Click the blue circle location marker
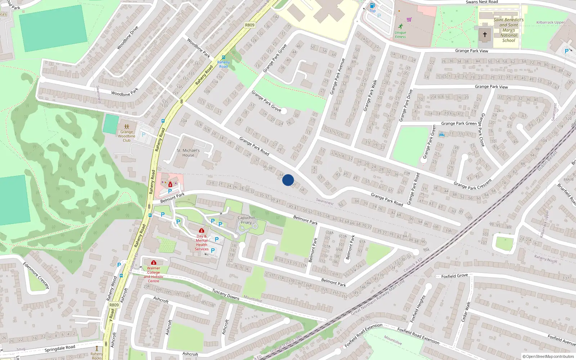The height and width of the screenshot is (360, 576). pyautogui.click(x=288, y=180)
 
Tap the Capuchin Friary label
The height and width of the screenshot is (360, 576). pyautogui.click(x=247, y=220)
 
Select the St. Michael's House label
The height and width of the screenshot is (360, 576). pyautogui.click(x=188, y=153)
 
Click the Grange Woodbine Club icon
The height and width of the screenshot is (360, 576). pyautogui.click(x=127, y=127)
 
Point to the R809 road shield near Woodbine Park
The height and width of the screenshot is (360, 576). pyautogui.click(x=249, y=25)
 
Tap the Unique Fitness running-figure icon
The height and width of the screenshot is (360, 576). pyautogui.click(x=401, y=26)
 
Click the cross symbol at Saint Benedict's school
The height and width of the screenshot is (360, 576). pyautogui.click(x=485, y=35)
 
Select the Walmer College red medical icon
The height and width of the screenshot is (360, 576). pyautogui.click(x=154, y=262)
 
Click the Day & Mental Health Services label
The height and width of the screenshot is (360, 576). pyautogui.click(x=202, y=243)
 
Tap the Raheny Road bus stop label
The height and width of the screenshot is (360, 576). pyautogui.click(x=223, y=64)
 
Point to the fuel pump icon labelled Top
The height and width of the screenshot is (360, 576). pyautogui.click(x=373, y=5)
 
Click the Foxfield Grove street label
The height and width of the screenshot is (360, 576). pyautogui.click(x=454, y=276)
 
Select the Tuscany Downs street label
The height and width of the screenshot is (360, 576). pyautogui.click(x=226, y=294)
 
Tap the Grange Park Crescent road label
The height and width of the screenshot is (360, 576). pyautogui.click(x=472, y=184)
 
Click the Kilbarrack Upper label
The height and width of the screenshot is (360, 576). pyautogui.click(x=550, y=22)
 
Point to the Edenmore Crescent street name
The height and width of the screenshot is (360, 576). pyautogui.click(x=36, y=275)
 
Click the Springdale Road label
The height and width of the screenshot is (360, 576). pyautogui.click(x=60, y=348)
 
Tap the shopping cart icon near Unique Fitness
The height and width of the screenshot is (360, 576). pyautogui.click(x=409, y=19)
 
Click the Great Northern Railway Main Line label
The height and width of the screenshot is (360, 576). pyautogui.click(x=378, y=297)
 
